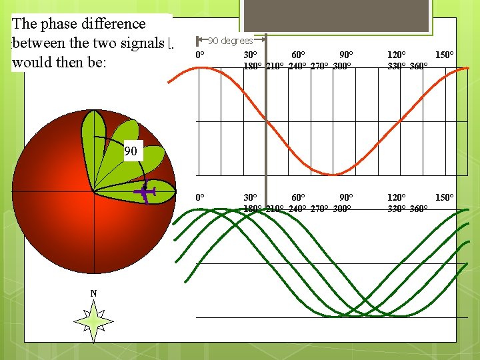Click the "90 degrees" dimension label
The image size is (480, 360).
(230, 41)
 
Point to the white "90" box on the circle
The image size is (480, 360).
(131, 151)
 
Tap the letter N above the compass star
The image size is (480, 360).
(93, 293)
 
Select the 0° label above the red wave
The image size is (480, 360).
(200, 55)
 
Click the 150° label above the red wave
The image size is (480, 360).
(445, 55)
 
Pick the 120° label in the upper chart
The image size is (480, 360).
(397, 55)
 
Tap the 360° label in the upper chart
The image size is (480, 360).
(419, 66)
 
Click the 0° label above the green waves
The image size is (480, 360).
(200, 198)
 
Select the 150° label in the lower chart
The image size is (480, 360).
(445, 198)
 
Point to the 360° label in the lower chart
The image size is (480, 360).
(419, 209)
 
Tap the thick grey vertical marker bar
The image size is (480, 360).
(266, 120)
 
